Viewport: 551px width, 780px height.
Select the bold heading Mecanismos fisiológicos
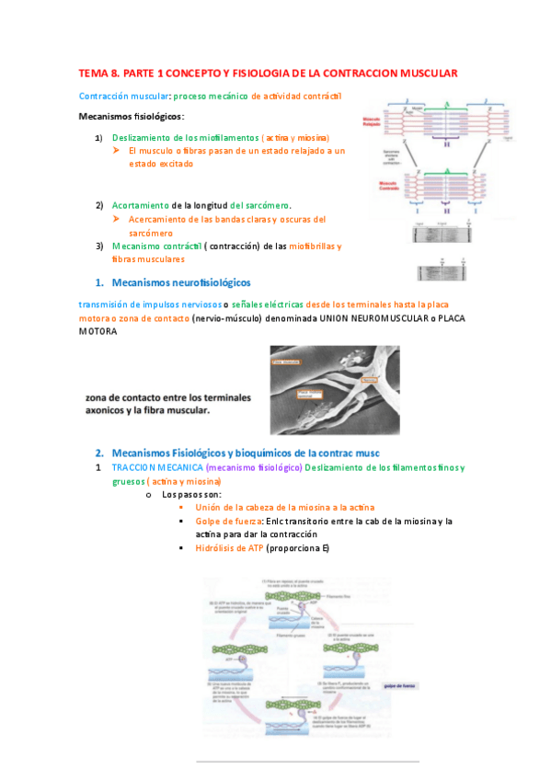[131, 116]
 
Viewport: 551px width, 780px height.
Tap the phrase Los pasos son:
[185, 494]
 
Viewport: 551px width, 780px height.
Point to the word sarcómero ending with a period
[273, 204]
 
